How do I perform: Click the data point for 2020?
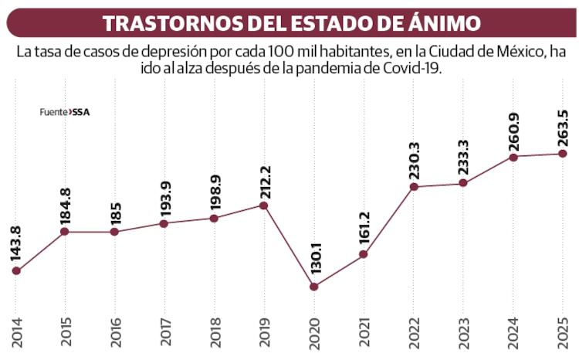pyautogui.click(x=314, y=287)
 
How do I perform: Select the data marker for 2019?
pyautogui.click(x=264, y=205)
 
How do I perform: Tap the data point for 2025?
pyautogui.click(x=564, y=153)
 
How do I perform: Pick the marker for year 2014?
pyautogui.click(x=15, y=271)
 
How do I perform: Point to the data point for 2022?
pyautogui.click(x=414, y=186)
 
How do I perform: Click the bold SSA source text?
pyautogui.click(x=81, y=111)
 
